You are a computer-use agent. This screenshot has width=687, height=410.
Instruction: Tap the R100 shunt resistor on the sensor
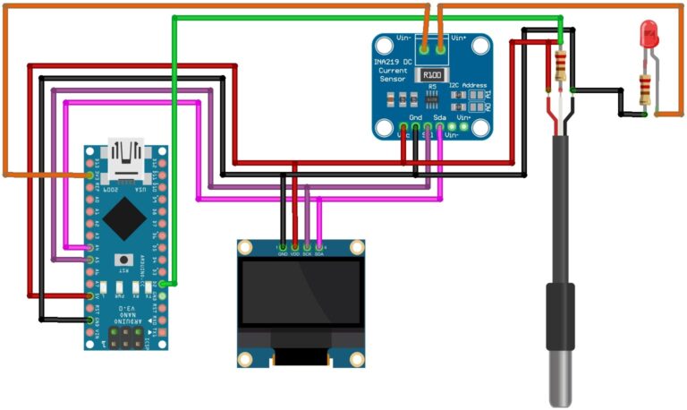coord(432,75)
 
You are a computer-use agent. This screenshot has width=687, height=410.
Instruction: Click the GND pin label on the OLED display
coord(284,254)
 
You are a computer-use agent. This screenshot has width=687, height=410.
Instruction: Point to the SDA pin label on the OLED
coord(319,254)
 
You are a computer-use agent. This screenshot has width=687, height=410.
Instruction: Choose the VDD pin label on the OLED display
coord(295,254)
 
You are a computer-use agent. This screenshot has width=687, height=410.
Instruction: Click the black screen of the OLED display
coord(301,304)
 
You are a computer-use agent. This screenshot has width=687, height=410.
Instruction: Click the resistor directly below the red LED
coord(644,90)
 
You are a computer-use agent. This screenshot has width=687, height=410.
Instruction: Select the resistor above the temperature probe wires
coord(561,65)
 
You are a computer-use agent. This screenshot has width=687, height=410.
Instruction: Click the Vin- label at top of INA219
coord(405,39)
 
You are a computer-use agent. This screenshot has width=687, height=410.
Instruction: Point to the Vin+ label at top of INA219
coord(459,39)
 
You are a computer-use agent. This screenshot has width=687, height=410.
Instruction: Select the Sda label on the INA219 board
coord(439,117)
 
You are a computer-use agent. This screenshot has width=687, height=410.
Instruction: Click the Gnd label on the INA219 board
coord(415,117)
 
